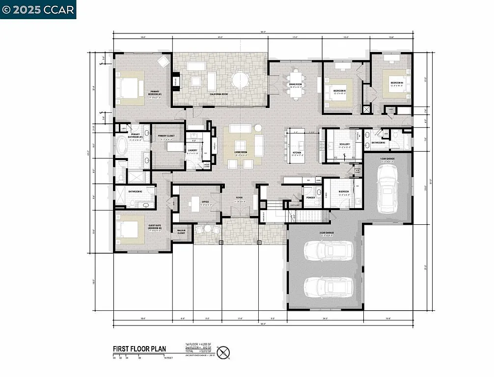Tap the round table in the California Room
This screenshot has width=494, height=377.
coord(241,80)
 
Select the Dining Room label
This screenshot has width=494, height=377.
coord(295,84)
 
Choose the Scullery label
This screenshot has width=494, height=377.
coord(344,144)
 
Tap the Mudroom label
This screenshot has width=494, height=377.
coord(343,191)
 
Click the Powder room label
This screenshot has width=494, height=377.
coord(310,198)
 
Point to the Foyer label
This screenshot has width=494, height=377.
coord(239,198)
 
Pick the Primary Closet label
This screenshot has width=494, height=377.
coord(166,136)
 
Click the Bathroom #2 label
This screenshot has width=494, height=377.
coord(135,191)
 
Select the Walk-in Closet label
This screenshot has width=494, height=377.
coord(181,232)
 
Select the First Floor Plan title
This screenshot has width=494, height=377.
coord(139,349)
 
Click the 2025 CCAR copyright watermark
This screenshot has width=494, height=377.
coord(38,9)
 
